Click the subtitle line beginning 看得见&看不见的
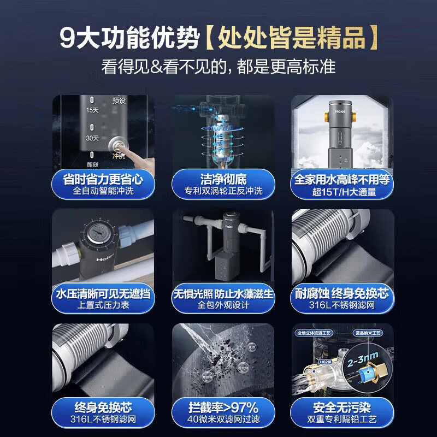pos(218,67)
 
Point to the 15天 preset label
pos(92,110)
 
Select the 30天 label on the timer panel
pos(92,139)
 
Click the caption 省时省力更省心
pos(103,179)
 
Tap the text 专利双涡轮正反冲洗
pos(224,191)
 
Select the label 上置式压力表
pos(103,305)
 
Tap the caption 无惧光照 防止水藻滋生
pos(224,294)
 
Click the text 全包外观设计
pos(224,305)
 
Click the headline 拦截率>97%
pos(224,408)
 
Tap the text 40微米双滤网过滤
pos(224,420)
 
